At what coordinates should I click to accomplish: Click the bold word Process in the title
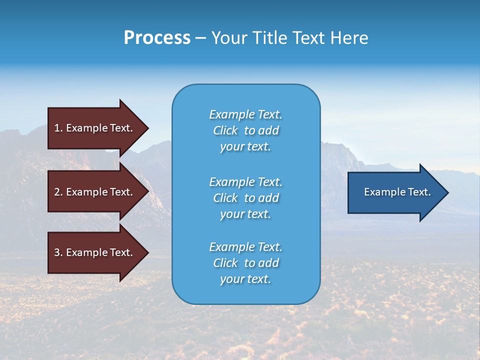157,38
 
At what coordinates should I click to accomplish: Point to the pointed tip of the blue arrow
447,192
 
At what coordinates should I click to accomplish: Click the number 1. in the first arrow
58,128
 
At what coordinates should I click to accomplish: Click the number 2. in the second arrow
58,192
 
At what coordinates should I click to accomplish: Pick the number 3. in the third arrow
58,252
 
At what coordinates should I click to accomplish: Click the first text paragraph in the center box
245,130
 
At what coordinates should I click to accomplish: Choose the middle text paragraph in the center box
245,198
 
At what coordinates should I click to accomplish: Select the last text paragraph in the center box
245,263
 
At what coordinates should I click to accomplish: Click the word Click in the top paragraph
225,130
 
